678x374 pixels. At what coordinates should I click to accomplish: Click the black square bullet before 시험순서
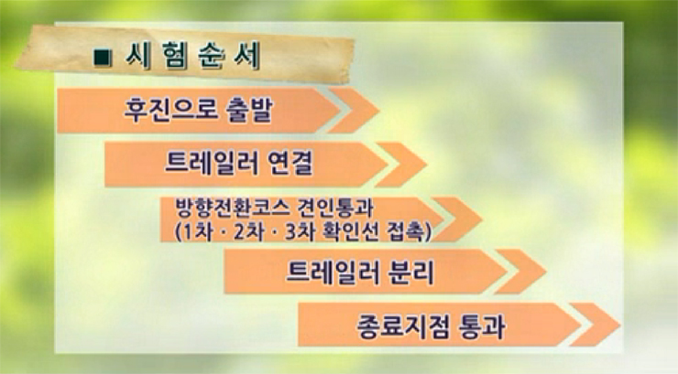tap(103, 59)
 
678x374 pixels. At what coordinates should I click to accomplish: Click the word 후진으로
tap(169, 110)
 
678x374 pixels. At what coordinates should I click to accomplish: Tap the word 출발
tap(249, 110)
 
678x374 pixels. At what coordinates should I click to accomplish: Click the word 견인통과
tap(335, 208)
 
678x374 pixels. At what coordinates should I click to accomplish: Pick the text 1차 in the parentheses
tap(199, 232)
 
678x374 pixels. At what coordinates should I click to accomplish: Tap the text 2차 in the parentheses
tap(248, 232)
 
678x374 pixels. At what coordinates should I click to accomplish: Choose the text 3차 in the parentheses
tap(300, 232)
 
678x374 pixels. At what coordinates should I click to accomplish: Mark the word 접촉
tap(407, 232)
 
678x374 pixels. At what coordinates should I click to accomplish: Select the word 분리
tap(410, 272)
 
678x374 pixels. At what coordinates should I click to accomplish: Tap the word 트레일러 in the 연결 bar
tap(212, 164)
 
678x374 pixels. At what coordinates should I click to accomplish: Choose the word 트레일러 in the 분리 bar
tap(332, 272)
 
